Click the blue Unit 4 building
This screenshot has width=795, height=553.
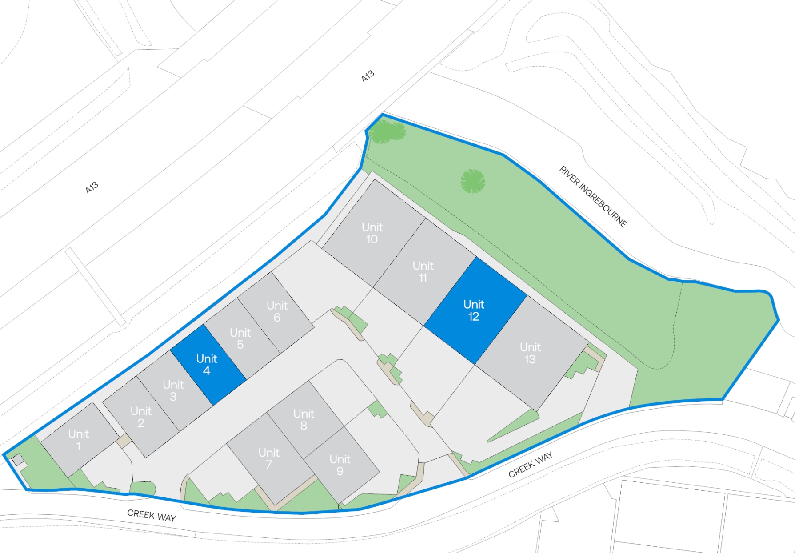207,365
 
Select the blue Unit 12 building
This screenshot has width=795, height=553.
474,310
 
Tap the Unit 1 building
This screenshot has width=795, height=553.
79,439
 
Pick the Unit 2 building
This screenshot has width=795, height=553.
140,417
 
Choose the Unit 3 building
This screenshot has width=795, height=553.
173,390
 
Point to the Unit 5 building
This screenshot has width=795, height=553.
240,338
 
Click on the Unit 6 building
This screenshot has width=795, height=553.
277,311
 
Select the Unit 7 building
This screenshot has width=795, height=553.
269,458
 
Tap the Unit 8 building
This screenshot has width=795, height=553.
304,419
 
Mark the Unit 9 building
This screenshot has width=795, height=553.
340,465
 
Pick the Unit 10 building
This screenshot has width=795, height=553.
372,233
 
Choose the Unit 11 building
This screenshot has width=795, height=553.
423,271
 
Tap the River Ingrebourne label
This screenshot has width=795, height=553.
593,196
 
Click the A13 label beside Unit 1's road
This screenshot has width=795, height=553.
92,188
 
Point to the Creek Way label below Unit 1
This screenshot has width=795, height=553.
152,515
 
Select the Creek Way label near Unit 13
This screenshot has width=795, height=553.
530,464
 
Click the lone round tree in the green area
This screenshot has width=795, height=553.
472,181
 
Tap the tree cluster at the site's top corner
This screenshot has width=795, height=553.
387,132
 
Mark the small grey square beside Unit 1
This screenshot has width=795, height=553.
17,460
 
